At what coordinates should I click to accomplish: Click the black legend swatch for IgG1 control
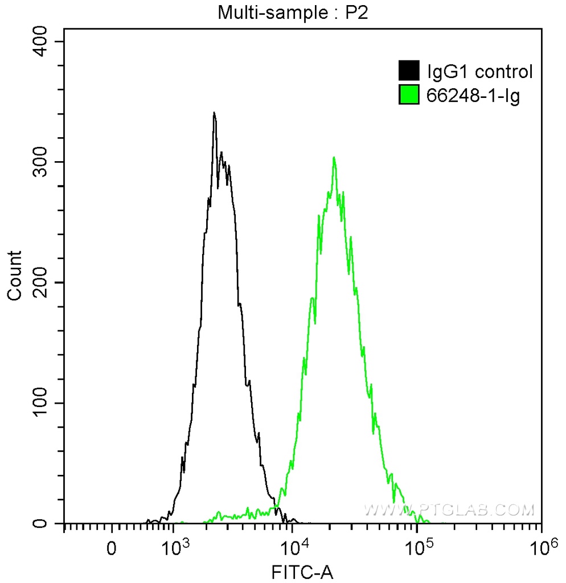(409, 71)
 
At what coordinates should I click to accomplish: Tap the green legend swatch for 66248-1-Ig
(409, 95)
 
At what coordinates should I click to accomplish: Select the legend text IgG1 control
(479, 72)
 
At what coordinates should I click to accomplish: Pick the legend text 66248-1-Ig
(473, 96)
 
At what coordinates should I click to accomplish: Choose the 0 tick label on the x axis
(112, 549)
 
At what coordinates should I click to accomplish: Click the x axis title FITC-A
(301, 572)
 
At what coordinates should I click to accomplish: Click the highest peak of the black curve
(214, 113)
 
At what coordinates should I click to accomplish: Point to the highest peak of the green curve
(334, 158)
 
